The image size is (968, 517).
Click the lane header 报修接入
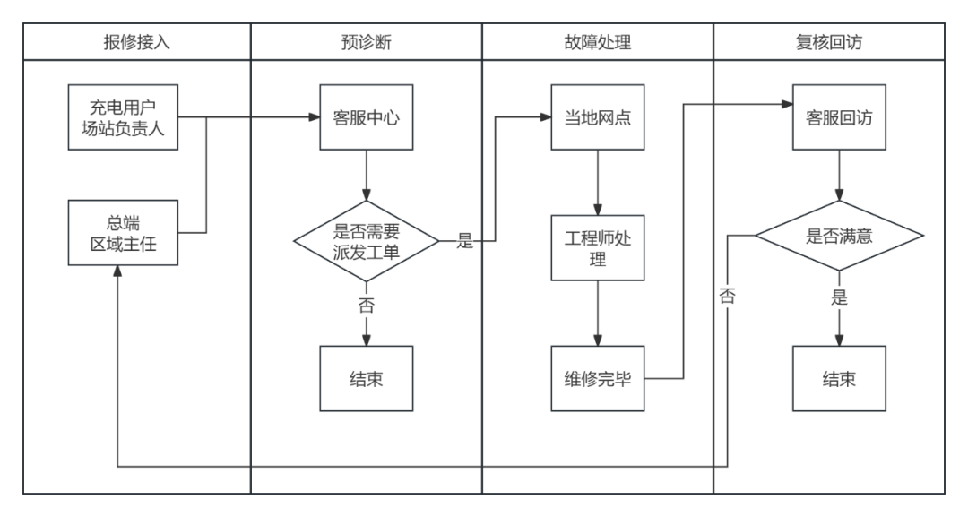coord(136,42)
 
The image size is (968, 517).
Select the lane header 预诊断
coord(367,42)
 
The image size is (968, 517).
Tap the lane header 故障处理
coord(598,42)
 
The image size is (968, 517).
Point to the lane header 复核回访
coord(829,42)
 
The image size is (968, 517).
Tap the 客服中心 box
coord(366,117)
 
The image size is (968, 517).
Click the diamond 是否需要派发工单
coord(366,241)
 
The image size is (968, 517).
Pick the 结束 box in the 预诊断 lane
coord(366,378)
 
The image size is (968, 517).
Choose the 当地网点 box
coord(598,117)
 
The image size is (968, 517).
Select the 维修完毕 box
coord(598,378)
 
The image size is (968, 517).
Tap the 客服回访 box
coord(838,117)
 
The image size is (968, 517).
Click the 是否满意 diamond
coord(838,237)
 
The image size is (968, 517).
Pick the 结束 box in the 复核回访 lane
coord(838,378)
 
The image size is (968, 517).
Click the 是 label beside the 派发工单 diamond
coord(464,241)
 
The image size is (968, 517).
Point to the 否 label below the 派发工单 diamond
coord(366,305)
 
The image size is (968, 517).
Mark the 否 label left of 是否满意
coord(726,297)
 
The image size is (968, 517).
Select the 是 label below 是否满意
coord(838,298)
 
